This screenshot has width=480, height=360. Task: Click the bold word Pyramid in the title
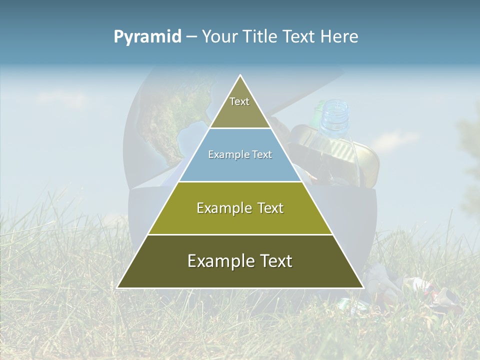[147, 36]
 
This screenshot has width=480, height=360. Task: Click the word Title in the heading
[260, 36]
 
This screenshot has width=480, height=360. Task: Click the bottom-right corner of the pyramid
[362, 287]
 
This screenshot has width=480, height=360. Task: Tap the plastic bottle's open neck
[334, 107]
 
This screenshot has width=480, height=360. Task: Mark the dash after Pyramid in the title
[191, 36]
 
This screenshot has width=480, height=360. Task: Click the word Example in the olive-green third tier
[222, 208]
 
